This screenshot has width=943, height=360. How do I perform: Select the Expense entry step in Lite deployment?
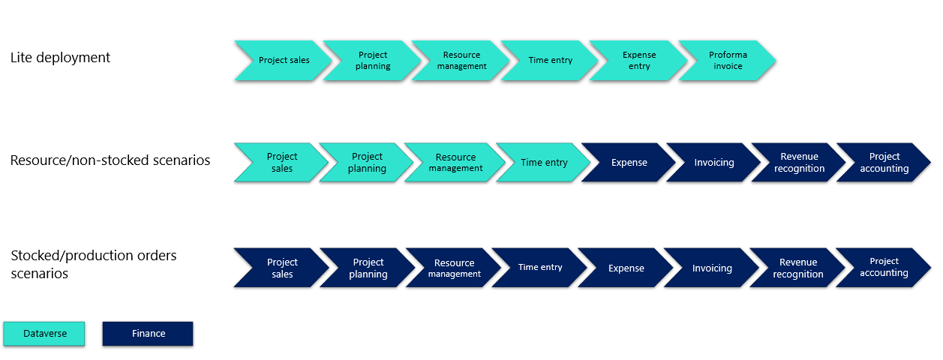pyautogui.click(x=639, y=61)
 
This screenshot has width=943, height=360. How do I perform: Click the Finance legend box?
pyautogui.click(x=148, y=334)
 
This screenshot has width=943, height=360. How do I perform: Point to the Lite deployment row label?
pyautogui.click(x=60, y=58)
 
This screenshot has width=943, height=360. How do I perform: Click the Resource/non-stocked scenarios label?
pyautogui.click(x=110, y=160)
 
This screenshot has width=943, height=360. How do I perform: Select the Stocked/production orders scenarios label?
pyautogui.click(x=94, y=265)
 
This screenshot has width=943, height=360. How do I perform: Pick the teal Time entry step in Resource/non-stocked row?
pyautogui.click(x=544, y=163)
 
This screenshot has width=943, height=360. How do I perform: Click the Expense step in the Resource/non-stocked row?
pyautogui.click(x=629, y=163)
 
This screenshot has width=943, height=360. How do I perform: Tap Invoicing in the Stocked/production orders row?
pyautogui.click(x=712, y=268)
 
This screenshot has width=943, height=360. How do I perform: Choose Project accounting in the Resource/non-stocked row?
pyautogui.click(x=884, y=163)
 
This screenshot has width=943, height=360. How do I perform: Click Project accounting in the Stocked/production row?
pyautogui.click(x=884, y=268)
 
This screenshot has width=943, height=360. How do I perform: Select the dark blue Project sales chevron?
pyautogui.click(x=282, y=268)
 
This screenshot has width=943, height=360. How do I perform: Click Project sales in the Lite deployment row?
pyautogui.click(x=284, y=61)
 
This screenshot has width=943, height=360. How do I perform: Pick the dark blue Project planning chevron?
pyautogui.click(x=368, y=268)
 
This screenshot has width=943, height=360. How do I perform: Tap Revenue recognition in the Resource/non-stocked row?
pyautogui.click(x=799, y=163)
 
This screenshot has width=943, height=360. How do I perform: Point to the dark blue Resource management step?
pyautogui.click(x=454, y=268)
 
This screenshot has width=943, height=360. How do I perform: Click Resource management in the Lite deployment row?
pyautogui.click(x=461, y=61)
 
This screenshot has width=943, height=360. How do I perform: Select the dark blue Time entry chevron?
pyautogui.click(x=540, y=268)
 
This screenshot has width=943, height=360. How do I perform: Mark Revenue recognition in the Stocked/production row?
pyautogui.click(x=798, y=268)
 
